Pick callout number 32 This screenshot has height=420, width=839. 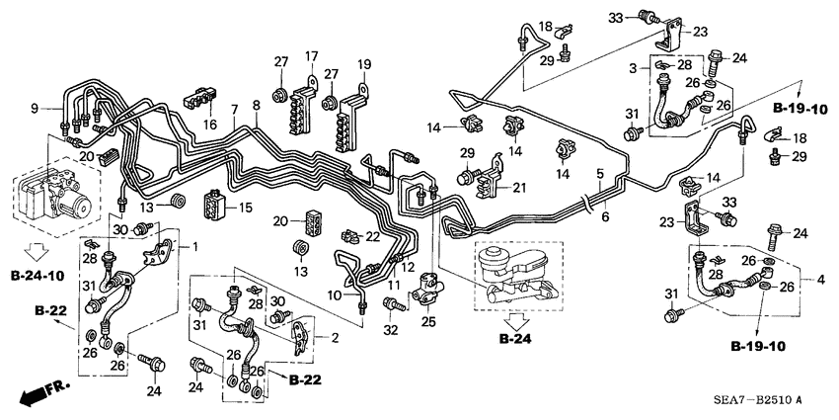click(x=391, y=329)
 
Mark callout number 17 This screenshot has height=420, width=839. click(x=311, y=55)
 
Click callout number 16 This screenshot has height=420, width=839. click(x=208, y=125)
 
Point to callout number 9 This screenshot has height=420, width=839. click(x=33, y=106)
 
